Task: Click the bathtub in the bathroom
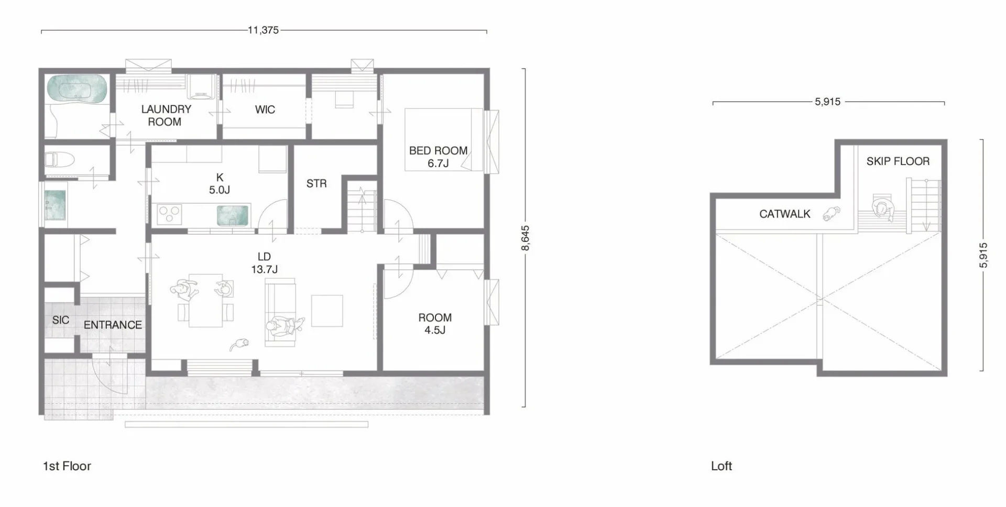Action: (78, 88)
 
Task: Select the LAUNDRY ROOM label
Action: (166, 115)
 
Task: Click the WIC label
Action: (265, 109)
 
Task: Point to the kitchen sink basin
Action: (233, 215)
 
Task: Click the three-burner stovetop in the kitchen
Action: (170, 214)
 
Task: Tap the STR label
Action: (316, 183)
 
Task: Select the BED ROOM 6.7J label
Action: (438, 157)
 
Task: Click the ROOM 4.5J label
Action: (435, 324)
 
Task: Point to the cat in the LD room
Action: (240, 344)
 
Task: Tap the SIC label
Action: (61, 319)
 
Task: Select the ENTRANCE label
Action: (113, 325)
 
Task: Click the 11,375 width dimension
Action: (264, 30)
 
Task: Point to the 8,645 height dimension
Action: (526, 238)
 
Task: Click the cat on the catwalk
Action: (832, 213)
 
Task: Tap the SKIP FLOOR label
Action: (898, 161)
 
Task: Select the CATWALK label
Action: (785, 214)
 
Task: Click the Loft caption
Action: (721, 466)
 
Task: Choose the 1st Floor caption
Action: (67, 466)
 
